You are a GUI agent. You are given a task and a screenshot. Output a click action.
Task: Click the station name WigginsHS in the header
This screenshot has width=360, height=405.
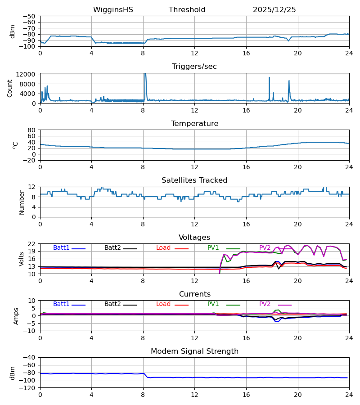coord(113,10)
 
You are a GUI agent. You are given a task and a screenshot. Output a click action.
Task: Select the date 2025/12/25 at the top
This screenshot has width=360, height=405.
coord(274,10)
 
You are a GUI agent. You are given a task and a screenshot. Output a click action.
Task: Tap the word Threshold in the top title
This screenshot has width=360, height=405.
coord(187,10)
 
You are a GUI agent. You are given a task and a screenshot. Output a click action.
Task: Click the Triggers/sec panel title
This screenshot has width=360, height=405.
coord(194,67)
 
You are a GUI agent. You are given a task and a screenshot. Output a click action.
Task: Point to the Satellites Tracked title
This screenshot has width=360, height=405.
coord(194,180)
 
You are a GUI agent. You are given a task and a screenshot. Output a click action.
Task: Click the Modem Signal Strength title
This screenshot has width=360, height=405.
coord(194,351)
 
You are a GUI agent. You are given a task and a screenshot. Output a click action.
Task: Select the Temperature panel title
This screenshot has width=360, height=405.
coord(194,124)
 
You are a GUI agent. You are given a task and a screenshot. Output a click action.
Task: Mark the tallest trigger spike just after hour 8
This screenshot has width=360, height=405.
coord(145,74)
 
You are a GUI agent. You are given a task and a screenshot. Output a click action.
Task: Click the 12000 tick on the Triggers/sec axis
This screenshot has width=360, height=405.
coord(27,74)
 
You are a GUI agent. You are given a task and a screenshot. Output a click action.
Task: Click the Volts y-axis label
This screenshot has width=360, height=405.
coord(22,259)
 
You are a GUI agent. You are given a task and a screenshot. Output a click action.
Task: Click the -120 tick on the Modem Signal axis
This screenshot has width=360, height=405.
coord(29,388)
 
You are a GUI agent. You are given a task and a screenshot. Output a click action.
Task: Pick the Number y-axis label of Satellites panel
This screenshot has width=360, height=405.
coord(22,202)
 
